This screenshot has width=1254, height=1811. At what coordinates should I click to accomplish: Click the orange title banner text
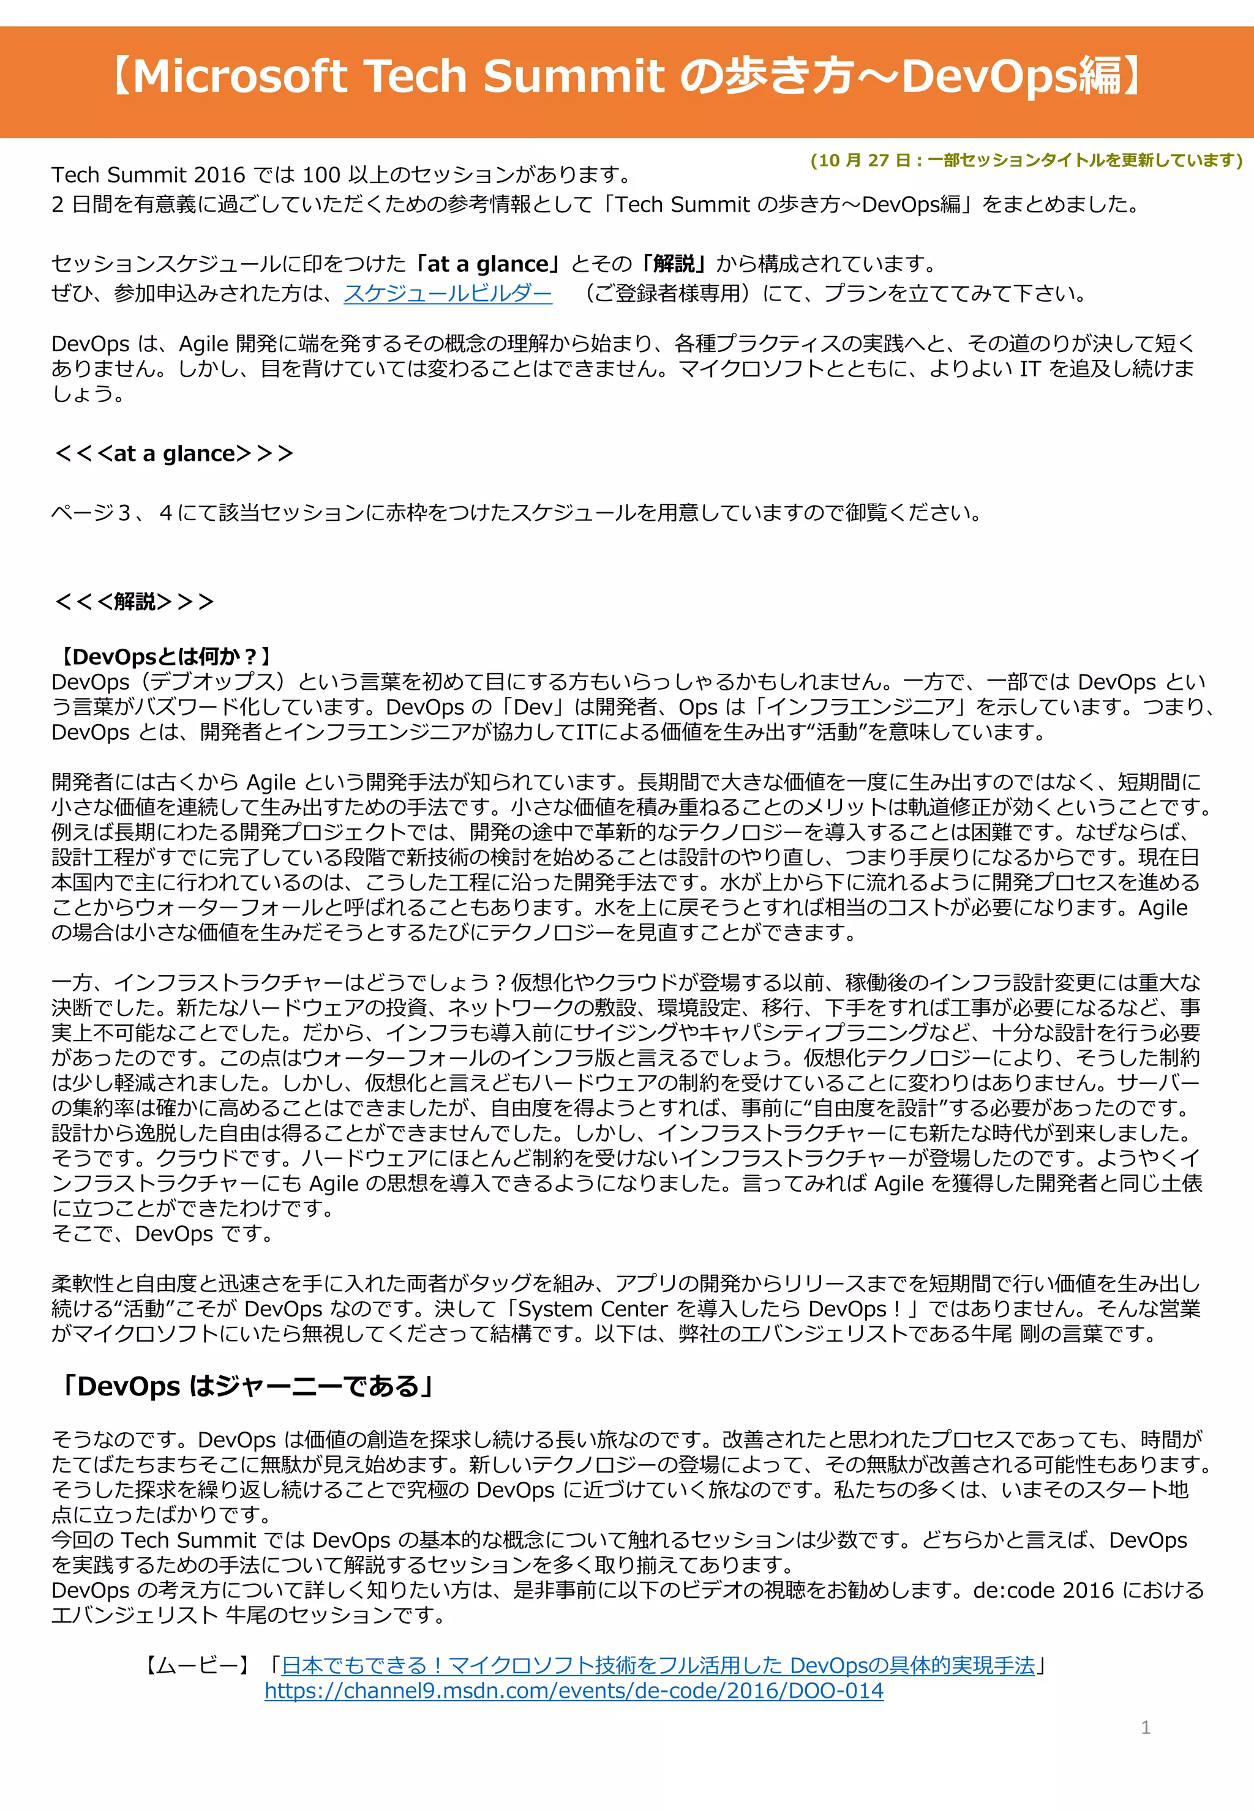(x=626, y=77)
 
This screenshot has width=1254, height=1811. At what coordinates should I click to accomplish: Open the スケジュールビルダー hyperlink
(x=447, y=294)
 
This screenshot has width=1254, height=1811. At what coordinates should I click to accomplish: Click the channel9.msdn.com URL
(x=574, y=1691)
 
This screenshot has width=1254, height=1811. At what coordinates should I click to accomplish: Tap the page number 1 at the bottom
(x=1145, y=1727)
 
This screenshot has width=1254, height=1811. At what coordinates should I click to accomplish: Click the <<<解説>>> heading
(x=133, y=602)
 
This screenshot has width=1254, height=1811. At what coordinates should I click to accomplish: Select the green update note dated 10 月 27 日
(x=1026, y=160)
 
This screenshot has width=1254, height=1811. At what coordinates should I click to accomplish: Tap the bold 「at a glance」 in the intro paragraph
(x=487, y=264)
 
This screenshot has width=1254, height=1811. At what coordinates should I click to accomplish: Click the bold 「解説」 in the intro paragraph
(x=674, y=264)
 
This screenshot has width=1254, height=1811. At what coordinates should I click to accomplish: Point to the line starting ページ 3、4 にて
(x=516, y=513)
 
